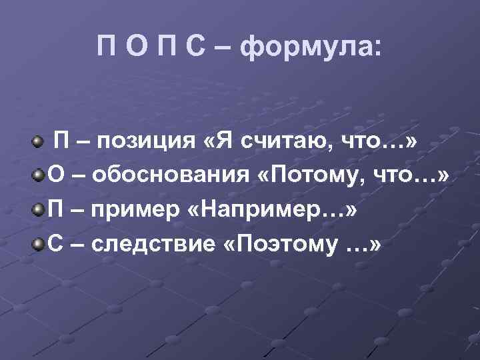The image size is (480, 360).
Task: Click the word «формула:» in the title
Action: click(311, 48)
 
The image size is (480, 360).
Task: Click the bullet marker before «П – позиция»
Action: click(39, 141)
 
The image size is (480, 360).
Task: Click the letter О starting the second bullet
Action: click(57, 175)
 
